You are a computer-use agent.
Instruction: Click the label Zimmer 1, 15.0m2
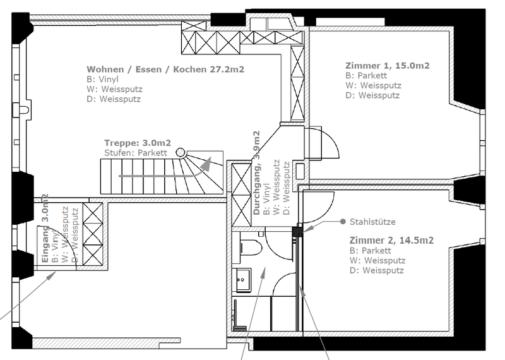click(388, 66)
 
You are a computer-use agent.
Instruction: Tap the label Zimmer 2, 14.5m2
click(391, 241)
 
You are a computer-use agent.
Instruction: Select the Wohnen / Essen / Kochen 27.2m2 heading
click(165, 69)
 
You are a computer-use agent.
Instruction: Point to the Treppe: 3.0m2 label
click(138, 143)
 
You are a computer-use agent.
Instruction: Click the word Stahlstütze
click(372, 222)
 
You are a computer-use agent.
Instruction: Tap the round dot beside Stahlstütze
click(343, 222)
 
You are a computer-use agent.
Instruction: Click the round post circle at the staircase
click(181, 152)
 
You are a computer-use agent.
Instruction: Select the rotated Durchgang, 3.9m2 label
click(257, 173)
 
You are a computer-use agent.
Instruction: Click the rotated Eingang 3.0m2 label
click(45, 228)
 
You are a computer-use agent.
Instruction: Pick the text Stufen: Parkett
click(136, 153)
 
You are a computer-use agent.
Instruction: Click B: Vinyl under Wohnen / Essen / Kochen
click(102, 80)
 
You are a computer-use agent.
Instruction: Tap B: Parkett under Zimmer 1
click(366, 76)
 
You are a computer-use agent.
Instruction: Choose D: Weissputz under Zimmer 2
click(376, 270)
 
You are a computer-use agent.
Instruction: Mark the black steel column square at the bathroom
click(297, 232)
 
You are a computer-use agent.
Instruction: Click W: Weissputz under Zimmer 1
click(373, 85)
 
